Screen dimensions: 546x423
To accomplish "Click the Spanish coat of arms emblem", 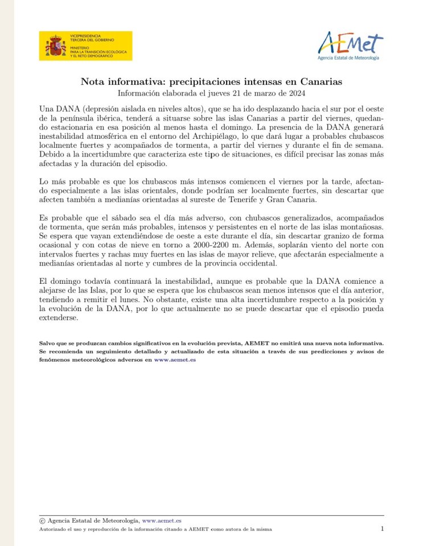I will pos(55,46).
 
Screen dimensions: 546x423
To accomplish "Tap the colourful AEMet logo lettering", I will pos(350,43).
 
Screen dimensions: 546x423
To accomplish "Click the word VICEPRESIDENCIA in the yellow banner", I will pos(85,35).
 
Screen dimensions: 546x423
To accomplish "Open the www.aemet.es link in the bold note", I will pos(175,360).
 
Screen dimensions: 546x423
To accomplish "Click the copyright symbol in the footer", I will pos(42,520).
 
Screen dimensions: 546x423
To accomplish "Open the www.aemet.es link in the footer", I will pos(162,520).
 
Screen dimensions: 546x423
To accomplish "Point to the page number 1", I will pos(382,529).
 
